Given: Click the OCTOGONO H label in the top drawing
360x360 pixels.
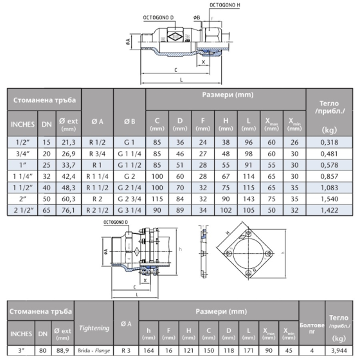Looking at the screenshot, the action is pos(225,5).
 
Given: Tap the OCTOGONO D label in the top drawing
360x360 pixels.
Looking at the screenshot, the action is pos(158,18).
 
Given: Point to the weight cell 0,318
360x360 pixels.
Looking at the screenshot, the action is pos(329,142).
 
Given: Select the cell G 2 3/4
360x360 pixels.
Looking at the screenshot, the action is pos(129,199).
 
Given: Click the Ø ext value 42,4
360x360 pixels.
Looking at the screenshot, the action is pos(68,176).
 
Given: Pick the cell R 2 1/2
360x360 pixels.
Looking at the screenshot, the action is pos(97,210).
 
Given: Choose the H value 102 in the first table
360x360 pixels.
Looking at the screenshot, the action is pos(226,210).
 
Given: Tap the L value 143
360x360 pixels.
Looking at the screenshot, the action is pos(249,199).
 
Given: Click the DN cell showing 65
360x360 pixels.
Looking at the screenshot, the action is pos(46,210).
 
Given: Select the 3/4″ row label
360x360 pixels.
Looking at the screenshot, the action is pos(22,154).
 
